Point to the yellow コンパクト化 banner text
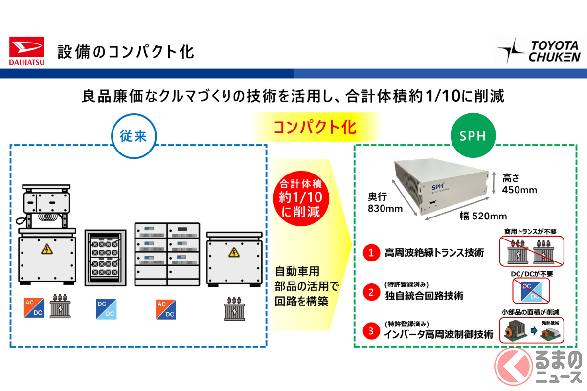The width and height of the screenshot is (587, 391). pos(315,128)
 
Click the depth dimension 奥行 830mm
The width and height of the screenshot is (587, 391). pos(385,203)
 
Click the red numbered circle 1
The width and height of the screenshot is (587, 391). pos(371,253)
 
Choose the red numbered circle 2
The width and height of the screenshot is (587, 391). pos(371,292)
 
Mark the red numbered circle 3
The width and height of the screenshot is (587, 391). pos(371,331)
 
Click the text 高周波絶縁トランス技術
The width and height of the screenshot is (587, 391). pos(434,253)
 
